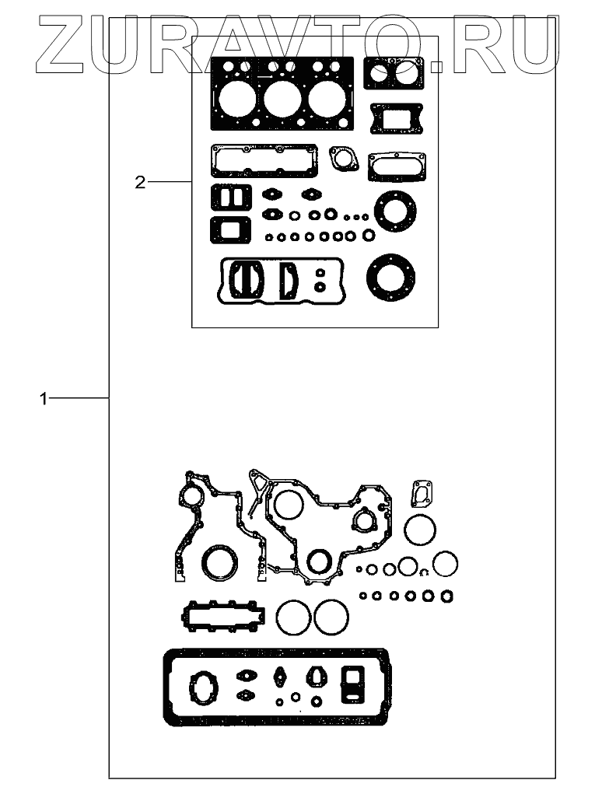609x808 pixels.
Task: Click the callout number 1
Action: pos(44,398)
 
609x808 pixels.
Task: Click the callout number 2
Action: pos(140,182)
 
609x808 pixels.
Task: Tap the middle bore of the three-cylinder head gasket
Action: pos(281,99)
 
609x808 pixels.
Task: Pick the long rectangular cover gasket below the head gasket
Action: pos(264,160)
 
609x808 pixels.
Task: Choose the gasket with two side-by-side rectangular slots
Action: pos(230,198)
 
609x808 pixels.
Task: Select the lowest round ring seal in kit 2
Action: pos(390,276)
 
